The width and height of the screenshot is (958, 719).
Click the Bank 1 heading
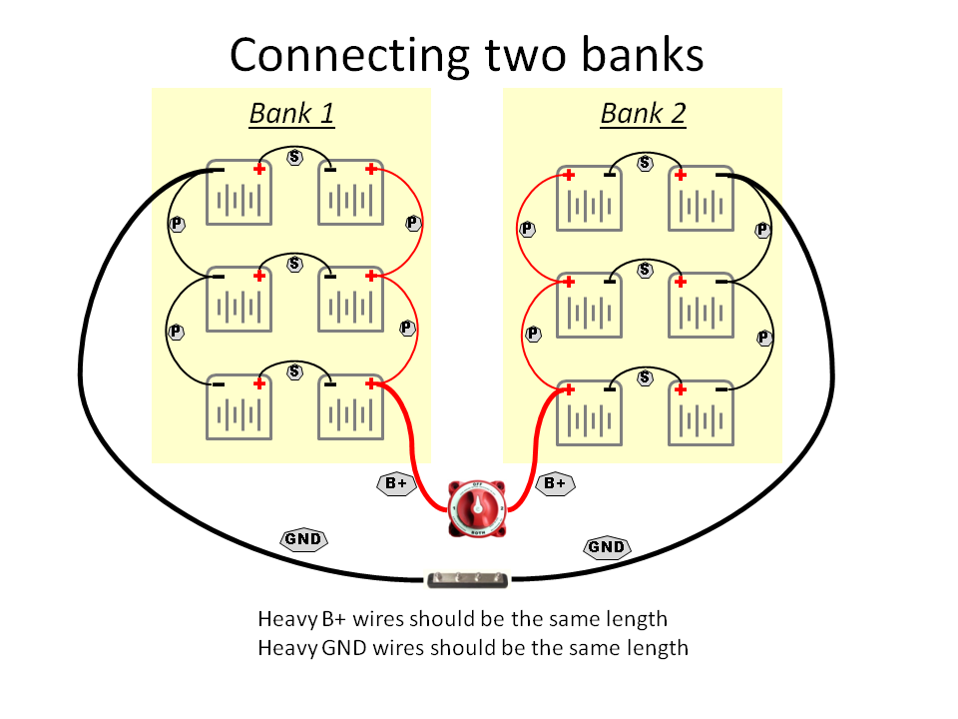point(291,114)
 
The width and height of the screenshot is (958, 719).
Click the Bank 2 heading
point(643,114)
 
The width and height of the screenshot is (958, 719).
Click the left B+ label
point(396,484)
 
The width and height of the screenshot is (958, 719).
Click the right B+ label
point(555,484)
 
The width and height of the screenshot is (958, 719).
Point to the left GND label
point(303,540)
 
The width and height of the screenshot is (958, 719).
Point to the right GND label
point(606,547)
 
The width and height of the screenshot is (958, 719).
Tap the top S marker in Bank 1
point(295,158)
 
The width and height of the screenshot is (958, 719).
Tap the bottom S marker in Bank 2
point(645,376)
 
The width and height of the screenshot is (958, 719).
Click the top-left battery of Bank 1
point(239,195)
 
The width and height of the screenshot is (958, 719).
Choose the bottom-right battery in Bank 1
point(350,409)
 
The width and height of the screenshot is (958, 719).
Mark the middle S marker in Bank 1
point(295,265)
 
